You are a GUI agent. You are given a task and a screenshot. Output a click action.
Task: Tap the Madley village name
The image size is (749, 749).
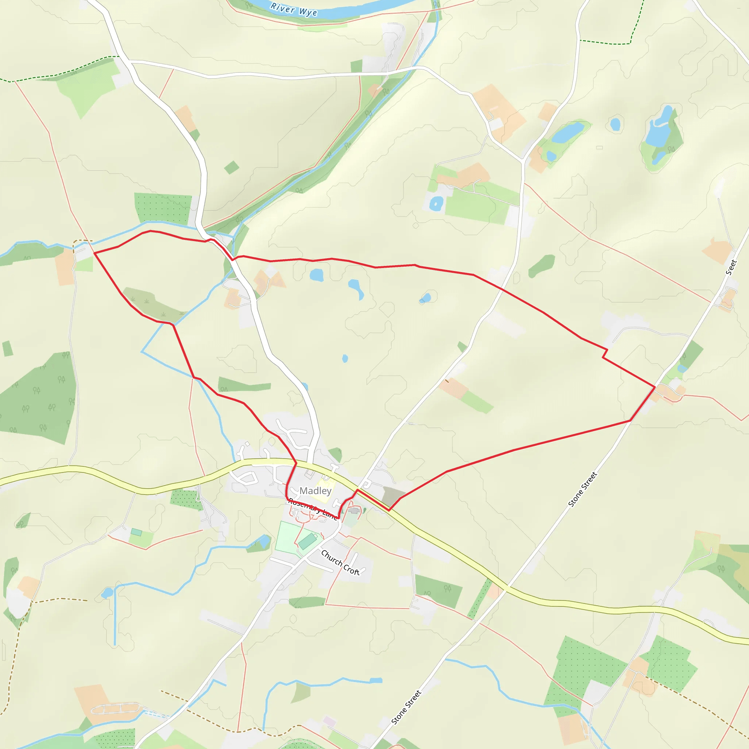click(x=315, y=491)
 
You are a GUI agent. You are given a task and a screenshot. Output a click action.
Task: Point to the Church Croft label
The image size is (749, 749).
click(x=340, y=562)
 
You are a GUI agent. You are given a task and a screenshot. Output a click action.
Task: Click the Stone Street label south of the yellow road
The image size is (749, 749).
click(x=406, y=708)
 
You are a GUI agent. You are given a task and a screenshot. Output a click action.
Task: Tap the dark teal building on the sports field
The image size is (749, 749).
click(x=308, y=541)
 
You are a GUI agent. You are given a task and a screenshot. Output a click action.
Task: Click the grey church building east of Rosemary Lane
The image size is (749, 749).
click(x=353, y=511)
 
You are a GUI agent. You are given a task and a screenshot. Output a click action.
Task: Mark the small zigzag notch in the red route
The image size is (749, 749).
click(x=605, y=353)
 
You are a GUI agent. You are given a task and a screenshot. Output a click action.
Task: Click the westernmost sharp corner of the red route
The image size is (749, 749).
click(x=95, y=253)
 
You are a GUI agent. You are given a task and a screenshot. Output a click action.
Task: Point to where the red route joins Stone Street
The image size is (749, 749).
click(x=655, y=387)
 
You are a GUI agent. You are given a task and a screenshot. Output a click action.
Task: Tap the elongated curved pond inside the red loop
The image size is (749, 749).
click(x=356, y=289)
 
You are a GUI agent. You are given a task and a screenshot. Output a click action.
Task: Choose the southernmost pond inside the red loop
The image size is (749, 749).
click(x=345, y=359)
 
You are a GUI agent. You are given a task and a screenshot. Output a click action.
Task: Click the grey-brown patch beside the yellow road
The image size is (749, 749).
click(x=392, y=496)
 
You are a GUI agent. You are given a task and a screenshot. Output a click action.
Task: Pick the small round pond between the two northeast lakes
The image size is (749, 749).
click(x=615, y=124)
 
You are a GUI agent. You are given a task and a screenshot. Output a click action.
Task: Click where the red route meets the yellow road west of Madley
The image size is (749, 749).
click(x=296, y=463)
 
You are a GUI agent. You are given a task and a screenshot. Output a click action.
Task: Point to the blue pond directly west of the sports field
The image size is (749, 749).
click(x=264, y=541)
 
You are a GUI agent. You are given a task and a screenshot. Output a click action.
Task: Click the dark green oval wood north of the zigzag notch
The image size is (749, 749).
click(x=542, y=266)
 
